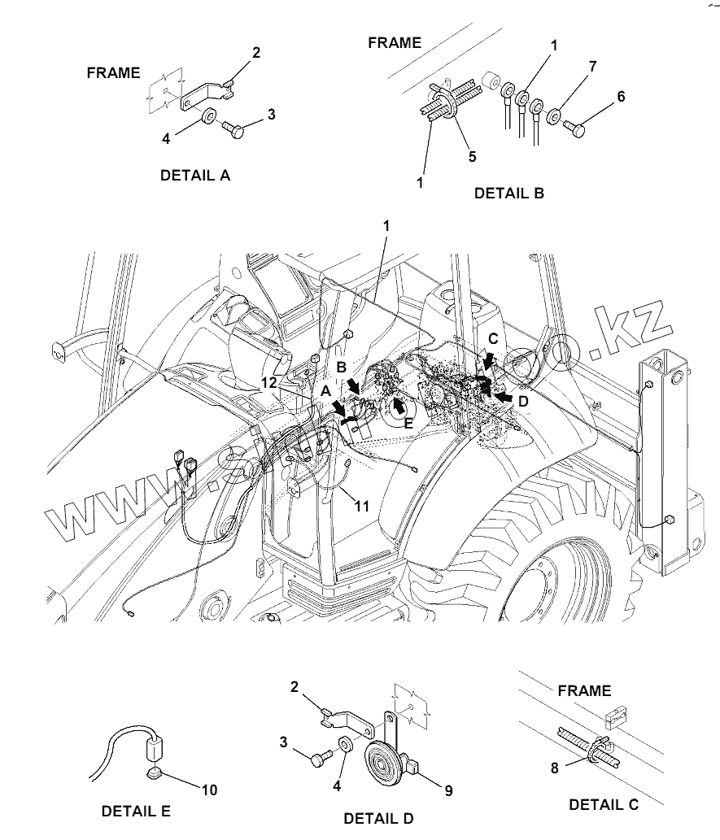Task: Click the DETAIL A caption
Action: (x=195, y=175)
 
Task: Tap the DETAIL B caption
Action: (x=509, y=194)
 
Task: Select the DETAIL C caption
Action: (x=604, y=804)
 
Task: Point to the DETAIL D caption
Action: (x=379, y=817)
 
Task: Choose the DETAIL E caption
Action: (x=136, y=811)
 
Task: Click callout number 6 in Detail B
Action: (x=621, y=97)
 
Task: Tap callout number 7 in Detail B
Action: (x=593, y=66)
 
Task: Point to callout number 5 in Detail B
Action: (x=472, y=155)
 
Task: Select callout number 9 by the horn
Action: (x=447, y=790)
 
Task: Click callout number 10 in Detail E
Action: (x=209, y=790)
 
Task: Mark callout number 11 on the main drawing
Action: (x=361, y=506)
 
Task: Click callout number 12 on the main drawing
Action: (x=270, y=382)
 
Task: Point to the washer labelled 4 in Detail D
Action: (x=344, y=744)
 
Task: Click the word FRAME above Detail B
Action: (x=395, y=42)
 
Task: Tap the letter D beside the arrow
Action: (x=523, y=400)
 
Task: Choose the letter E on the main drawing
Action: (x=408, y=423)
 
